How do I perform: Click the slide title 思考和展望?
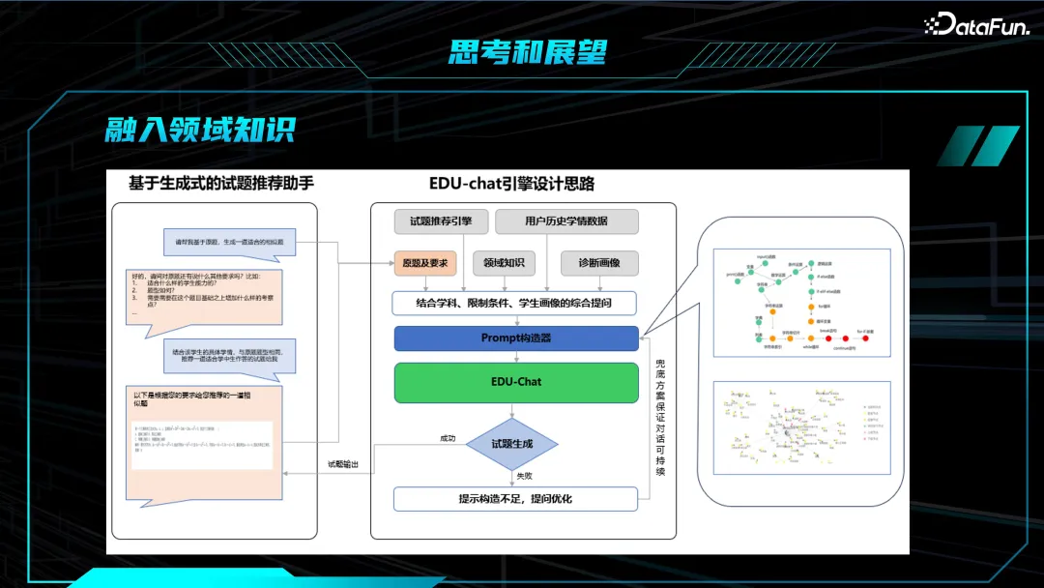click(x=527, y=51)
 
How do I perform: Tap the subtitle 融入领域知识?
click(x=199, y=130)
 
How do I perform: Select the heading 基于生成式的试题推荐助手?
click(x=221, y=183)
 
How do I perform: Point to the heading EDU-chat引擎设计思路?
click(x=511, y=183)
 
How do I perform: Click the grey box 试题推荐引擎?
click(x=440, y=221)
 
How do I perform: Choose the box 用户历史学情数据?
click(x=566, y=221)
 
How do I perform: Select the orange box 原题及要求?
click(x=424, y=263)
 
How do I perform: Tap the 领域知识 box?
click(x=504, y=263)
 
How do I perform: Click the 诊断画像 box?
click(x=599, y=263)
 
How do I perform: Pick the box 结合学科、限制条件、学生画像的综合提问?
click(x=514, y=304)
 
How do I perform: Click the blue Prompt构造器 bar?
click(x=515, y=338)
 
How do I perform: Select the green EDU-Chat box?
click(x=515, y=382)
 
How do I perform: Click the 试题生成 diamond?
click(x=511, y=444)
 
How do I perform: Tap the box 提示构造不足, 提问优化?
click(x=514, y=499)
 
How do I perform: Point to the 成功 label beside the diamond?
click(x=448, y=439)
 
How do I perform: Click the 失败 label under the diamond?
click(x=523, y=475)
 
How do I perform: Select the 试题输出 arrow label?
click(x=343, y=465)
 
